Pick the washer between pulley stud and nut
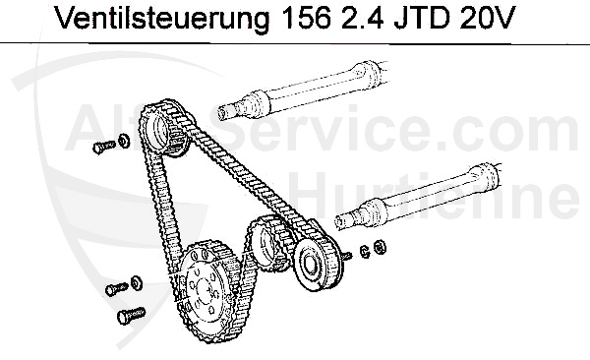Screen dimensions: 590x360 364,249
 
